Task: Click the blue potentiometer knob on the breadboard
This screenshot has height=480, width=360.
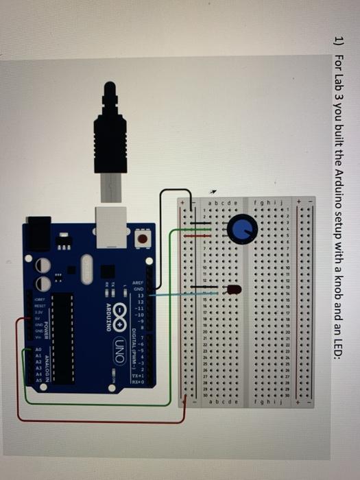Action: (240, 229)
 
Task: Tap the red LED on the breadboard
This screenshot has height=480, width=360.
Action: (234, 290)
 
